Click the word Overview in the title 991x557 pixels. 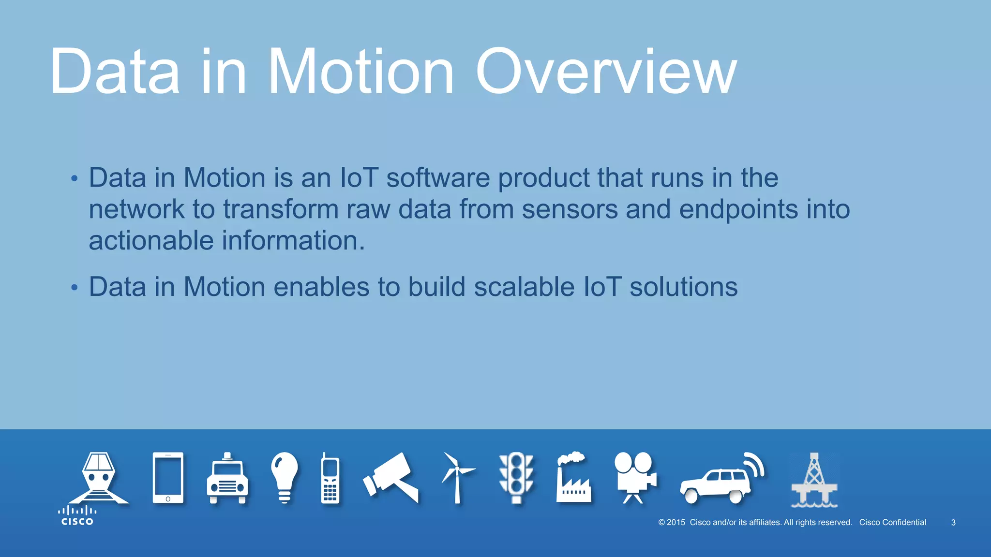point(606,73)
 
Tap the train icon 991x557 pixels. point(99,478)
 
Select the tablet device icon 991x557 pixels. point(168,478)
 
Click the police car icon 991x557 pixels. point(227,480)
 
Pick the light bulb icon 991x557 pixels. point(285,477)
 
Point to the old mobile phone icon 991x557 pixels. point(330,479)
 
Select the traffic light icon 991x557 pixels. point(516,478)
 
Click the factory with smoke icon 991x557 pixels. point(574,479)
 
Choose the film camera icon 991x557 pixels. point(635,477)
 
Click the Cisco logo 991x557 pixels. point(77,516)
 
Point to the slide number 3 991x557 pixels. point(953,523)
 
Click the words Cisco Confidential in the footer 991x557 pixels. point(892,523)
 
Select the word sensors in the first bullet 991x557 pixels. point(570,209)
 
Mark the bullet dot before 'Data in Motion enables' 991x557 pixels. point(74,288)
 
